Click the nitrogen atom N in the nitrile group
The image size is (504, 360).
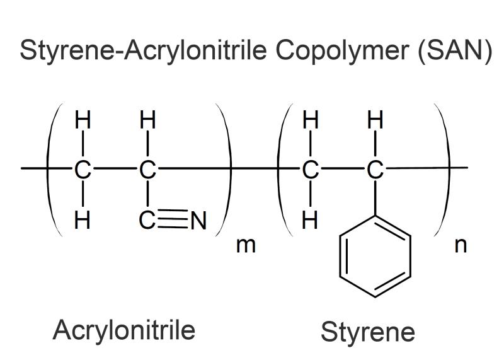coord(198,221)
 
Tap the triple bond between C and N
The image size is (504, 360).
coord(173,219)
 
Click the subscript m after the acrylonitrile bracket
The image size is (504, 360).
coord(246,245)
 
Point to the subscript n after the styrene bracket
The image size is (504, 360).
coord(461,245)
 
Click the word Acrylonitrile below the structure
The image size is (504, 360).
coord(124,330)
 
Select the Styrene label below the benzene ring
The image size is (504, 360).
coord(368,332)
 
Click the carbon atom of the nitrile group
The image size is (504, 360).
coord(147,221)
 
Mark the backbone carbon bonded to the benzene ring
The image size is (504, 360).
coord(375,170)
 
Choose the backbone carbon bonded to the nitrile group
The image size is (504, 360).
coord(147,170)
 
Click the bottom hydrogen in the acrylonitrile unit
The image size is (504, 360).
coord(83,221)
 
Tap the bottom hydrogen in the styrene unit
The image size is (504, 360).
coord(310,221)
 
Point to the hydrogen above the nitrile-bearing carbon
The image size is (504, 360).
coord(148,119)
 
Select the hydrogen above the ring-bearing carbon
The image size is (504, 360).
coord(375,119)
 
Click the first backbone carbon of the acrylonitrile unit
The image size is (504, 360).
coord(83,170)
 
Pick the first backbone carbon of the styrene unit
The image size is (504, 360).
coord(310,170)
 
